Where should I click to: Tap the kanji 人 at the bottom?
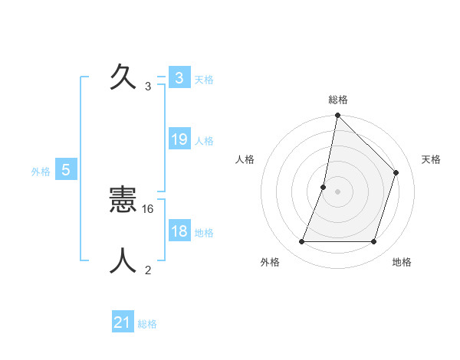pos(123,260)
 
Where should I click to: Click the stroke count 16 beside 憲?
pos(149,208)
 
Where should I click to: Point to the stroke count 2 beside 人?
pos(148,270)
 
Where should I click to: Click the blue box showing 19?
pos(179,139)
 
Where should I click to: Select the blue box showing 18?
pos(179,231)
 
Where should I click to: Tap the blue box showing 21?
pos(123,322)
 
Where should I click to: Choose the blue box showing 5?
pos(66,170)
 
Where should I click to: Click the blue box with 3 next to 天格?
pos(179,77)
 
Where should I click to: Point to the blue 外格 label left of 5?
pos(41,172)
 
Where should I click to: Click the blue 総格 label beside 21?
pos(147,324)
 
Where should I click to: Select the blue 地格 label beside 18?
pos(204,233)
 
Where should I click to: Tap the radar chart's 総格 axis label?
pos(337,100)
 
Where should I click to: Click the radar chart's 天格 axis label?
pos(431,159)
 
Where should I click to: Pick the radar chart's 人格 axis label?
pos(245,159)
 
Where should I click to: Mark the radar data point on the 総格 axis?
pos(337,116)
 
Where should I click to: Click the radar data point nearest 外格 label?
pos(301,242)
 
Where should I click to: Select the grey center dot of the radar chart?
pos(337,191)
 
